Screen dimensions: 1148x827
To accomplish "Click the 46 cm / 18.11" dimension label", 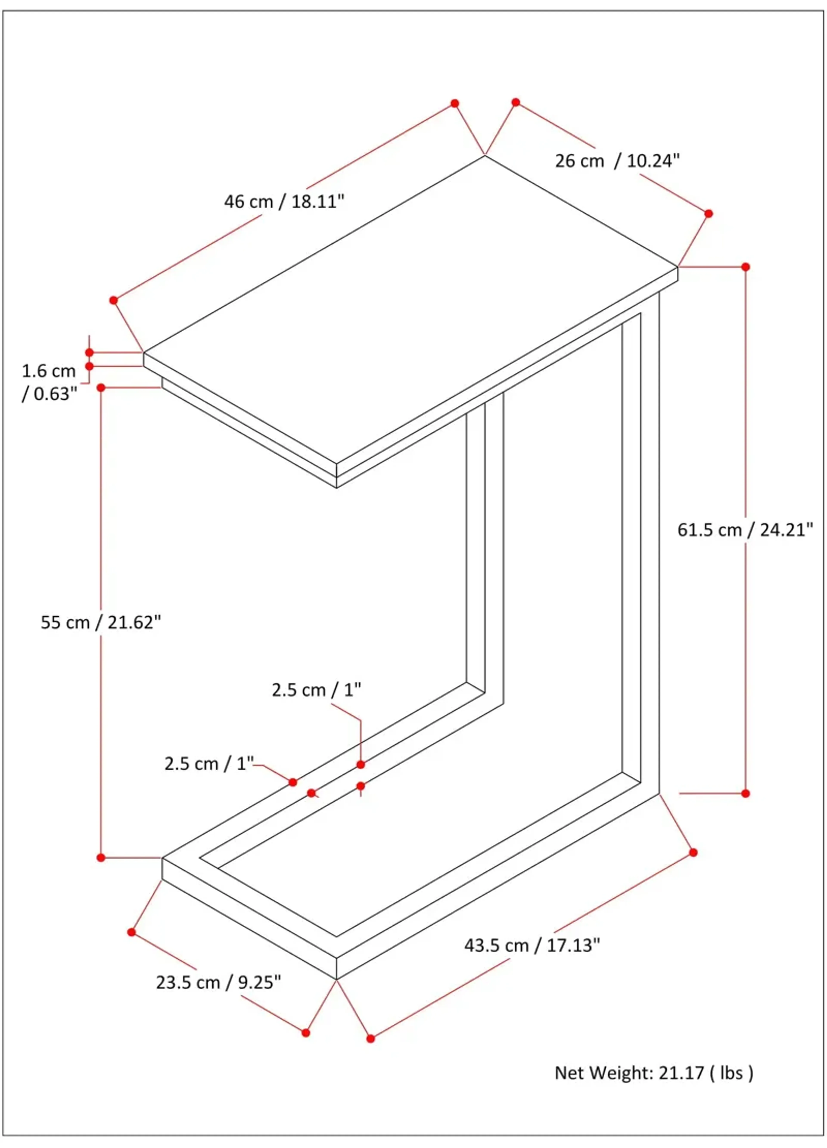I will pyautogui.click(x=284, y=201).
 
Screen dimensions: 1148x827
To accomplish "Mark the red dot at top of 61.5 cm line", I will pyautogui.click(x=745, y=267).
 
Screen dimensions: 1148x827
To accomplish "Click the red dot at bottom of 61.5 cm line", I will pyautogui.click(x=745, y=793).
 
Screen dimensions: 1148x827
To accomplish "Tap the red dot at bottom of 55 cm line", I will pyautogui.click(x=101, y=857).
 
